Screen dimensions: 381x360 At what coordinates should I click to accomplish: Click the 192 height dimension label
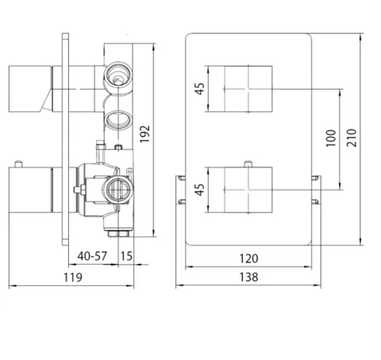(x=144, y=134)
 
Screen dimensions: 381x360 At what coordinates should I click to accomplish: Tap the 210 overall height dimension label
(x=352, y=137)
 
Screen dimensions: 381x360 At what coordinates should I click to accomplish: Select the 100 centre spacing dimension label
(x=331, y=138)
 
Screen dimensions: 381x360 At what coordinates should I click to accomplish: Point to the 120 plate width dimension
(x=248, y=258)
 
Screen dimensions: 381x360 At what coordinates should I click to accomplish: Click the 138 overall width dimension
(x=248, y=277)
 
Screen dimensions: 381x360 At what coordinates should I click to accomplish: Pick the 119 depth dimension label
(x=73, y=277)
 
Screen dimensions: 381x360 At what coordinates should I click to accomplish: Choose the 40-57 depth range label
(x=92, y=256)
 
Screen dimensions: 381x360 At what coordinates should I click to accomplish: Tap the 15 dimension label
(x=126, y=256)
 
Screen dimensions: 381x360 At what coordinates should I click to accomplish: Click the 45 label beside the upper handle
(x=200, y=89)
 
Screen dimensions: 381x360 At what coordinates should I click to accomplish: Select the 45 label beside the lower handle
(x=200, y=190)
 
